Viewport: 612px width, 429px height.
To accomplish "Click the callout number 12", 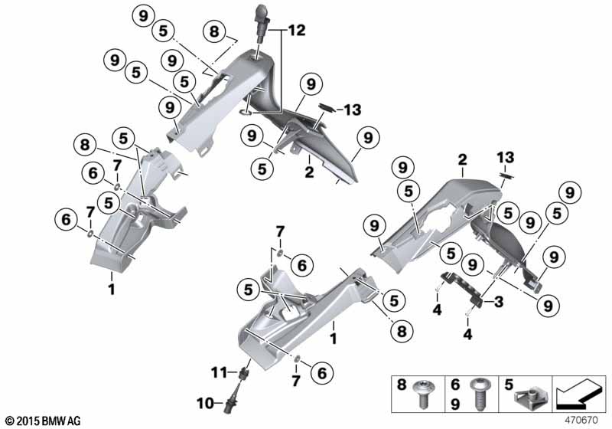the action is (x=297, y=30).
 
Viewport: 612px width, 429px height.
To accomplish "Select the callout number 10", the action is (x=204, y=403).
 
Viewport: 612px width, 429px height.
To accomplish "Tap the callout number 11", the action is (x=219, y=372).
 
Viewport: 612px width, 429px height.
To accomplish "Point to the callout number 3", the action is (x=499, y=302).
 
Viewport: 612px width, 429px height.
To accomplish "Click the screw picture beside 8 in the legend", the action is (x=424, y=394).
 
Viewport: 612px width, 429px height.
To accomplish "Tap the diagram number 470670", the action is (x=581, y=421).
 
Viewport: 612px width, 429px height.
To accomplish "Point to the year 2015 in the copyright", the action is (x=29, y=421).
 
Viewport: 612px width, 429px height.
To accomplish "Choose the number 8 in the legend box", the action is (x=402, y=385).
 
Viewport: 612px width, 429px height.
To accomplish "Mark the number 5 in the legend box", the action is (x=508, y=385).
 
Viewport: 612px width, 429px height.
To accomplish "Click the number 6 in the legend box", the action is (x=455, y=385).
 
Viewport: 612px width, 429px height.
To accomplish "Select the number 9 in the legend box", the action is (x=455, y=403).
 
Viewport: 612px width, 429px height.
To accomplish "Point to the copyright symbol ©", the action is (x=11, y=421).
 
